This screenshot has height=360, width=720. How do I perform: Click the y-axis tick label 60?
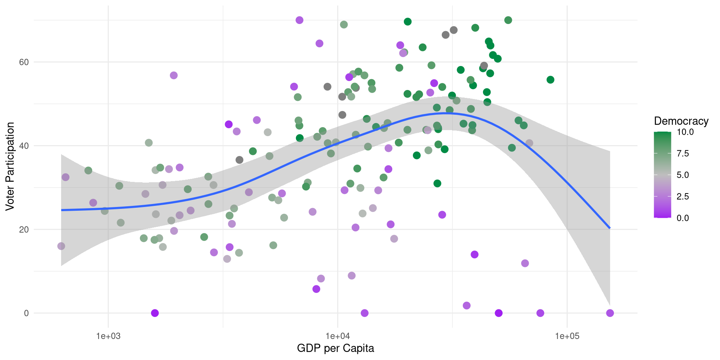pos(24,62)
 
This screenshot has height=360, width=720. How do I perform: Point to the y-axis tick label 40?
pos(24,146)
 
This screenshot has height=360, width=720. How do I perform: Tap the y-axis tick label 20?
pos(24,229)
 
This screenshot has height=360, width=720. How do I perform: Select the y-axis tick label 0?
pos(26,313)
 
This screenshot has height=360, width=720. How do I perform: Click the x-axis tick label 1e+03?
pos(108,336)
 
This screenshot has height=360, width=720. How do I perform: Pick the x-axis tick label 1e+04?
pos(337,336)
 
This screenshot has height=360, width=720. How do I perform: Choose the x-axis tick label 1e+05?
pos(567,336)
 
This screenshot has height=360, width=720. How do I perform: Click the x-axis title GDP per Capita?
pos(335,348)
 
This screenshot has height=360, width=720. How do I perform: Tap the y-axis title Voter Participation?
pos(10,166)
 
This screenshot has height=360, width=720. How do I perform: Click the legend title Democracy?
pos(681,121)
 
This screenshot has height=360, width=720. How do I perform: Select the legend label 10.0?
pos(685,132)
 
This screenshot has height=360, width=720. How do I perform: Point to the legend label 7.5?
pos(682,153)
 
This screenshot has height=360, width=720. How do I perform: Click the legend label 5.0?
pos(682,175)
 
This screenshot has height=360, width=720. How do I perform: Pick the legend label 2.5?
pos(682,196)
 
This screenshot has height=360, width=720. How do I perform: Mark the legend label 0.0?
pos(682,218)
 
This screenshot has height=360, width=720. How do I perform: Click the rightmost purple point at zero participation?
pos(610,313)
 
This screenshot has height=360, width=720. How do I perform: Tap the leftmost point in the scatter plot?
pos(61,246)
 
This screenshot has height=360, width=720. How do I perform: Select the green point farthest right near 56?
pos(550,79)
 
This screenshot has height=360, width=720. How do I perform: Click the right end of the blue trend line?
pos(610,228)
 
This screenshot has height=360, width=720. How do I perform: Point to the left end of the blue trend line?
pos(61,210)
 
